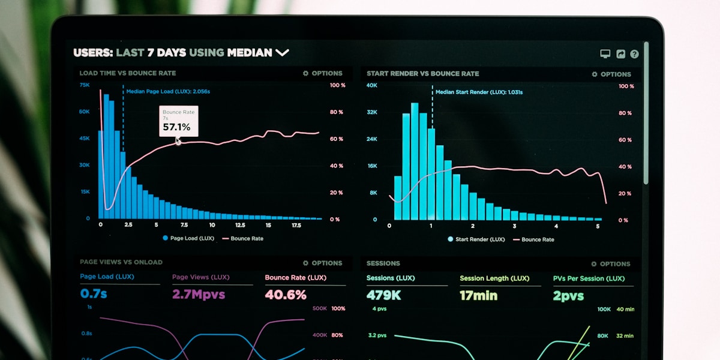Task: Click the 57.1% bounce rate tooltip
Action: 178,121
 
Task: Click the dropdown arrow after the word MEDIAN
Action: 282,53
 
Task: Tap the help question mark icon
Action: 634,54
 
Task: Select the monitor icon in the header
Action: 605,54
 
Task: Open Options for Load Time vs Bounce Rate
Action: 323,73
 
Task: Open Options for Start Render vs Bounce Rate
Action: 611,74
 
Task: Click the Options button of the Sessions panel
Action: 611,264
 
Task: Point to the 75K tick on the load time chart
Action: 85,85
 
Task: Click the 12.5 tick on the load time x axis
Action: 240,226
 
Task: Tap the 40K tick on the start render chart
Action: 372,85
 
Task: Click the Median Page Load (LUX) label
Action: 168,91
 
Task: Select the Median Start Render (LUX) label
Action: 479,92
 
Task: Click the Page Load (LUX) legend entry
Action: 188,238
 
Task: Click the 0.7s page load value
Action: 94,294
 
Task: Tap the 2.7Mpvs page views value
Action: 199,295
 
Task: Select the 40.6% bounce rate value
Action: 286,295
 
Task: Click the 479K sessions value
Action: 384,295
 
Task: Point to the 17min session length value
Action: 478,295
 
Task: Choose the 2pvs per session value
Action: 568,296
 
